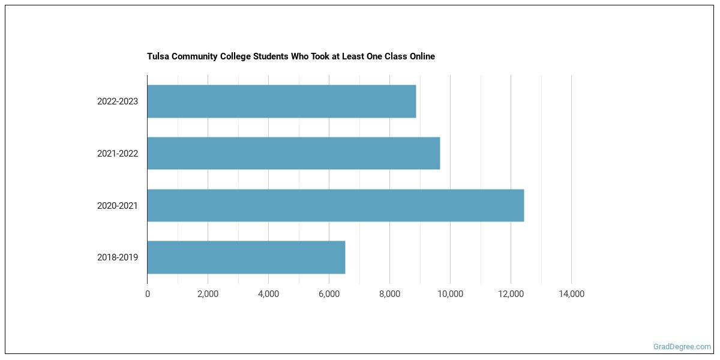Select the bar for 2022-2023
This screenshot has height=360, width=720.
coord(281,101)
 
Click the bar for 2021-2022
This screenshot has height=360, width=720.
coord(293,154)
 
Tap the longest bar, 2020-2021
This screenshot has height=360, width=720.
coord(335,206)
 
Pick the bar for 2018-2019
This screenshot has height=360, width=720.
coord(246,257)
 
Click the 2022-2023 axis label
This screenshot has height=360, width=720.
coord(118,101)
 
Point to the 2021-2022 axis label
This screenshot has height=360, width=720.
coord(118,154)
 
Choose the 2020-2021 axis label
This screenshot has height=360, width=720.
coord(118,206)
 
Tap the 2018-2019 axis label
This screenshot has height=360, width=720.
coord(118,258)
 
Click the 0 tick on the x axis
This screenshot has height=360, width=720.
coord(148,294)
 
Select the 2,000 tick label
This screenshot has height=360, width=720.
coord(208,294)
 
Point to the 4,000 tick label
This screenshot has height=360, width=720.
coord(268,294)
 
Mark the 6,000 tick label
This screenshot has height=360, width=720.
coord(329,294)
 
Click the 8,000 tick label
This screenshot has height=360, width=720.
coord(389,294)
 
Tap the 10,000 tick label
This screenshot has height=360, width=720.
coord(450,294)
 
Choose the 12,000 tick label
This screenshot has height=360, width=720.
coord(511,294)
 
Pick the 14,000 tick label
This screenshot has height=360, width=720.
coord(571,294)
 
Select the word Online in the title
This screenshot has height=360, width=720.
coord(422,56)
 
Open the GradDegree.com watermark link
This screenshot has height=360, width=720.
coord(682,347)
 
